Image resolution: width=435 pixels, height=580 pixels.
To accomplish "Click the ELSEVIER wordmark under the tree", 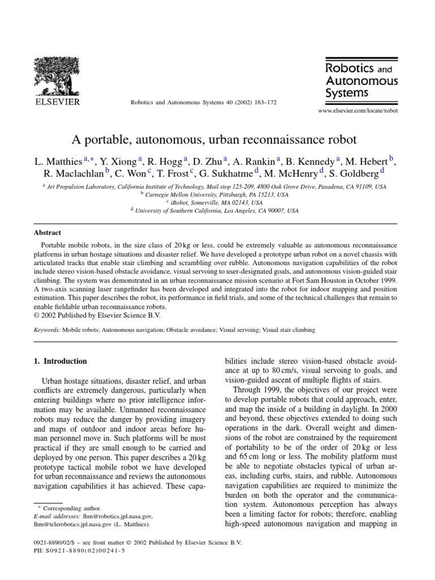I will [x=58, y=102].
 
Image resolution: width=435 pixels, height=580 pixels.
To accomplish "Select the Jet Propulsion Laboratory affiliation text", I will [x=216, y=186].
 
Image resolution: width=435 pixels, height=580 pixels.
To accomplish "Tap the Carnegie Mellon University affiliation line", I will [x=217, y=194].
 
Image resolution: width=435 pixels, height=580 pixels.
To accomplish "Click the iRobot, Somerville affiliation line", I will [x=217, y=202].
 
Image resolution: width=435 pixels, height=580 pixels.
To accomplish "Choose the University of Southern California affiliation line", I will [x=217, y=210].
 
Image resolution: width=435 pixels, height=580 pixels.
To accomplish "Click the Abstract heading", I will [x=48, y=233].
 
